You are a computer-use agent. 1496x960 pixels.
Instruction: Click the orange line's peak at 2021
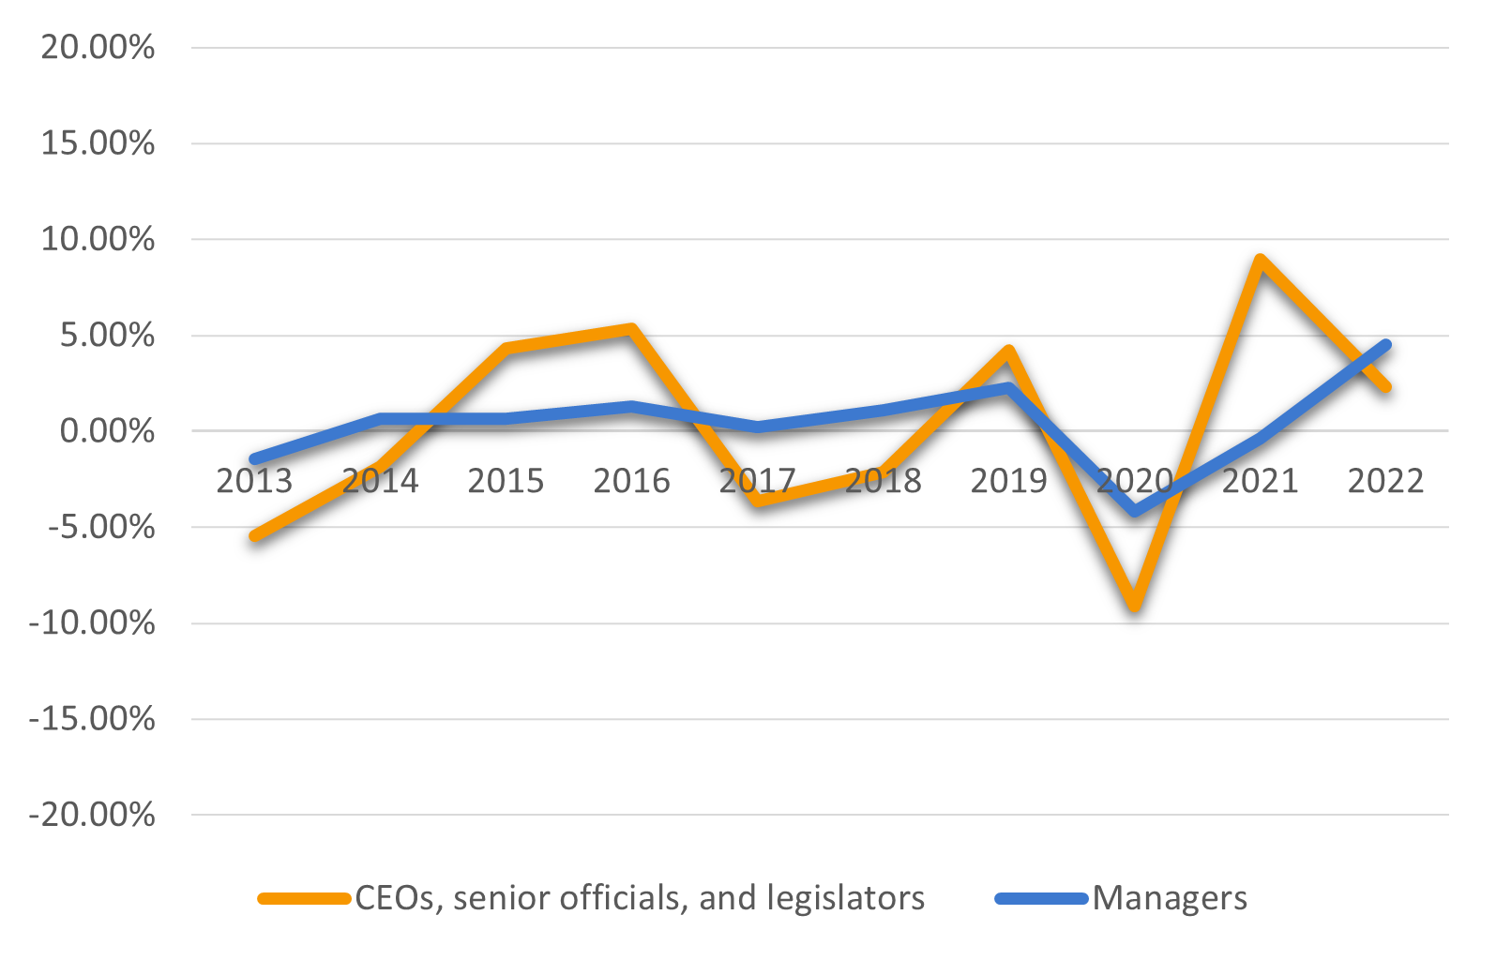(x=1261, y=261)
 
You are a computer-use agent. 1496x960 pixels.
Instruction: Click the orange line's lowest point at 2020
(x=1135, y=605)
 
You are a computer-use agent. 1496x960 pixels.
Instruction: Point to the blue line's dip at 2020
(x=1135, y=512)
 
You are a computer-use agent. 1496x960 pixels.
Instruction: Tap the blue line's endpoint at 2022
(x=1385, y=345)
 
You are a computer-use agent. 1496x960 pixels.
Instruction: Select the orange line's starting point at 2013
(x=254, y=536)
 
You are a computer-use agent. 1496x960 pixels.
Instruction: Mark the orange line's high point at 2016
(x=632, y=329)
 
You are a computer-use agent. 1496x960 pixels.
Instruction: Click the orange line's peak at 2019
(x=1009, y=352)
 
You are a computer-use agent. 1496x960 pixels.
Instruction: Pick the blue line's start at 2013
(x=254, y=459)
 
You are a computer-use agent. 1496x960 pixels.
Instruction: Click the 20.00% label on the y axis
(x=98, y=47)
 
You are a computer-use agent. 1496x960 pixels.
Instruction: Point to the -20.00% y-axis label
(x=92, y=815)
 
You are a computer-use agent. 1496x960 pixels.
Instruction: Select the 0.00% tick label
(x=107, y=431)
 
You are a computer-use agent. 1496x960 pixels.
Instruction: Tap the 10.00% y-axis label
(x=98, y=239)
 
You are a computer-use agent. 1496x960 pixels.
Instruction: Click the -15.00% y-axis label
(x=92, y=719)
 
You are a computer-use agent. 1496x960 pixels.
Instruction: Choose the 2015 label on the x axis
(x=506, y=481)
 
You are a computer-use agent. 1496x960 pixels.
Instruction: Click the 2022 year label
(x=1385, y=481)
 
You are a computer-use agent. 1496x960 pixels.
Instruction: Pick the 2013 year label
(x=254, y=481)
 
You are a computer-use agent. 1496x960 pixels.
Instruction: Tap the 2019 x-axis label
(x=1008, y=481)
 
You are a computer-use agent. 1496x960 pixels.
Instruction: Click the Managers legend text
(x=1170, y=898)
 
